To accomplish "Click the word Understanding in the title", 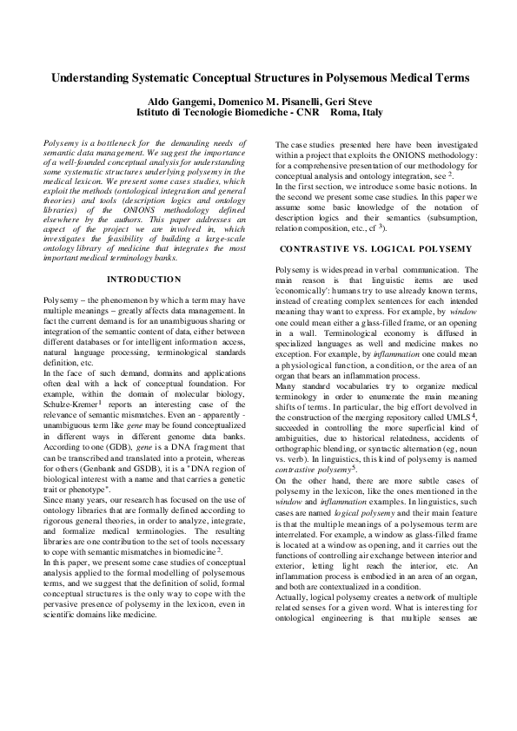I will click(x=93, y=77).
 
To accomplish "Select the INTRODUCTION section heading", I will click(x=143, y=279).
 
